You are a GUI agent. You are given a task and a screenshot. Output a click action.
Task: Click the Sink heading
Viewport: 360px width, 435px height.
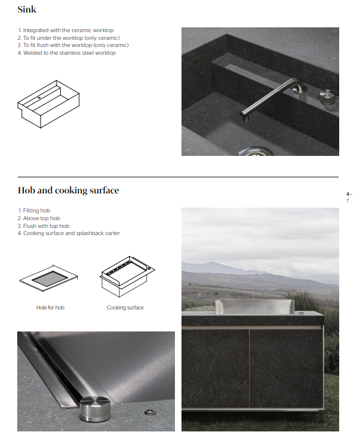tap(27, 10)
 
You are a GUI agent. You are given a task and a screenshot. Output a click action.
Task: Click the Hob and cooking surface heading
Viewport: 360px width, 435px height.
tap(68, 190)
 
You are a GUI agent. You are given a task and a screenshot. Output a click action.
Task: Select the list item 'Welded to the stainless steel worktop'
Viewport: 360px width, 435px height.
tap(67, 53)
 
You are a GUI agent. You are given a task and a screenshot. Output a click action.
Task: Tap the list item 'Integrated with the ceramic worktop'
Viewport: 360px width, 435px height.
tap(65, 30)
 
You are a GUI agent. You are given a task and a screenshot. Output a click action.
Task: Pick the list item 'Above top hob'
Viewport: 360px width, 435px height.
tap(39, 218)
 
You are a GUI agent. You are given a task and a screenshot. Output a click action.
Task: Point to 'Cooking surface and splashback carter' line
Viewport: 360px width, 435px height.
tap(69, 233)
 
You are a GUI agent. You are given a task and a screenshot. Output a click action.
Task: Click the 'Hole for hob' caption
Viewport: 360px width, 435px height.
tap(50, 308)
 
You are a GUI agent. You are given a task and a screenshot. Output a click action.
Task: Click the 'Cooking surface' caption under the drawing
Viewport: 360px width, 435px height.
tap(125, 308)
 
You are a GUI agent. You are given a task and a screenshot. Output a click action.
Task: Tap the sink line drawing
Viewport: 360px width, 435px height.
tap(49, 104)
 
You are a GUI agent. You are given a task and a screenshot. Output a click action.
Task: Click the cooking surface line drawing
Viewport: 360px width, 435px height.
tap(127, 276)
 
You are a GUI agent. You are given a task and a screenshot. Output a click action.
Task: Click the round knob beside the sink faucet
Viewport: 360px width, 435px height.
tap(327, 96)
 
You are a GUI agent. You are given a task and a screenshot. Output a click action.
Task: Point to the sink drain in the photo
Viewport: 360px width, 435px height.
tap(256, 152)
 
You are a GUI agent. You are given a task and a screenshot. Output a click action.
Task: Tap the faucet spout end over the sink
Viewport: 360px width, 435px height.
tap(245, 117)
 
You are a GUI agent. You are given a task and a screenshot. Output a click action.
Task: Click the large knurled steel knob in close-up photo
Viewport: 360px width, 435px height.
tap(95, 408)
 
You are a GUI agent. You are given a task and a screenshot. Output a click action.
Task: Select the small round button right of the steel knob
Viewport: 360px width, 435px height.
tap(150, 412)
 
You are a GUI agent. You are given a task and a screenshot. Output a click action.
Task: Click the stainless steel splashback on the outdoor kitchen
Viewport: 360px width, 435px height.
tap(254, 307)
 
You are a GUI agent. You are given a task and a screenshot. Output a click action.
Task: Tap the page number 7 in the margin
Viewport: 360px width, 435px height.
tap(348, 201)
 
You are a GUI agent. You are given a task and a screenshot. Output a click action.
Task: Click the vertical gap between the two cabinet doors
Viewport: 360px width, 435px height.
tap(249, 368)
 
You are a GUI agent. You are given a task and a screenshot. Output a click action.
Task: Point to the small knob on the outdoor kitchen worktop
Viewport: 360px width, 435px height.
tap(300, 313)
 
